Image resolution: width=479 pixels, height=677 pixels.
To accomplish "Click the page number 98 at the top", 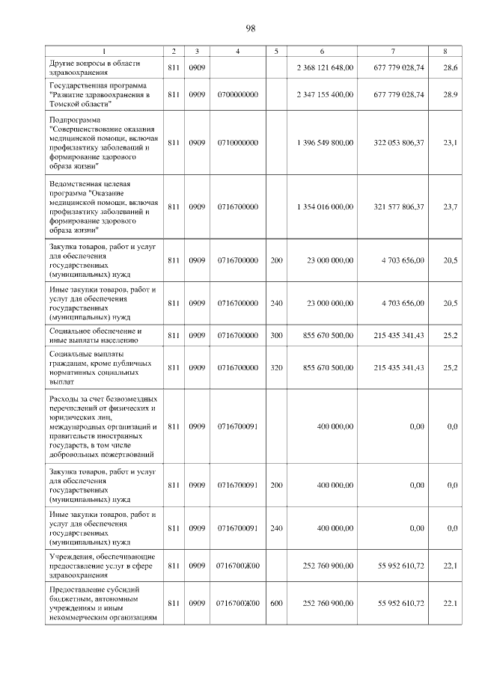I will [x=250, y=28].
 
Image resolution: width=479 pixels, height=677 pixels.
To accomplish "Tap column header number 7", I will [x=394, y=51].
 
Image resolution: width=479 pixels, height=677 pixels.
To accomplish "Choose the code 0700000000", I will [x=237, y=95].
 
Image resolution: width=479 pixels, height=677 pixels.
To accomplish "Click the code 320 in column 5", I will [x=277, y=367].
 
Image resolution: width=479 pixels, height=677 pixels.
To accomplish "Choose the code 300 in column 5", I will [x=277, y=335].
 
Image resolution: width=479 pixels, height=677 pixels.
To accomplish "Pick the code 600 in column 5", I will [x=277, y=603].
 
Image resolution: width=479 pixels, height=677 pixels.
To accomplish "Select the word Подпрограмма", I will [x=73, y=120].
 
